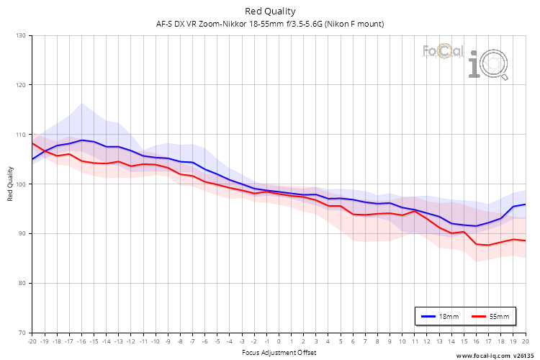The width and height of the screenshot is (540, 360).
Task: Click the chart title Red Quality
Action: pyautogui.click(x=270, y=12)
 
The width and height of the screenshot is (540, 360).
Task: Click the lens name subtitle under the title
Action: pyautogui.click(x=270, y=24)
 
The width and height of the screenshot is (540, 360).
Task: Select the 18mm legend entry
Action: pyautogui.click(x=440, y=316)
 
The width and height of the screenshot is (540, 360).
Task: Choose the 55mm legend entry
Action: pyautogui.click(x=490, y=316)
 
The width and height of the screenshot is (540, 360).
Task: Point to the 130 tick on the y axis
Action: pyautogui.click(x=21, y=35)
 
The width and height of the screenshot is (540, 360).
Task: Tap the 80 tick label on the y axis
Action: pyautogui.click(x=22, y=283)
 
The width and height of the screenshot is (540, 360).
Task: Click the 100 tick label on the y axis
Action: pyautogui.click(x=21, y=184)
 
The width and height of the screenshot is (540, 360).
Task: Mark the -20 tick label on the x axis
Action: pyautogui.click(x=32, y=341)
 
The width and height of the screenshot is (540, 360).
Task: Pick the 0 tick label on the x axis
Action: pyautogui.click(x=279, y=341)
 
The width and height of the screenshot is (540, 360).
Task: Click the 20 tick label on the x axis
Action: pyautogui.click(x=526, y=341)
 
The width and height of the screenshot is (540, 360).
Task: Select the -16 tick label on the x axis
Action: pyautogui.click(x=81, y=341)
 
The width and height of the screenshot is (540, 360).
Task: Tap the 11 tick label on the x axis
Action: pyautogui.click(x=415, y=341)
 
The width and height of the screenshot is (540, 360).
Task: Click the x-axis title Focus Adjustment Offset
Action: pyautogui.click(x=279, y=352)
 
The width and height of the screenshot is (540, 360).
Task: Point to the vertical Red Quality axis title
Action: pyautogui.click(x=10, y=184)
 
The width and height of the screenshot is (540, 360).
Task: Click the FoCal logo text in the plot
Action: pyautogui.click(x=443, y=51)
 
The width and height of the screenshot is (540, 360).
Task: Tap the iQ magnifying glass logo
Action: pyautogui.click(x=488, y=64)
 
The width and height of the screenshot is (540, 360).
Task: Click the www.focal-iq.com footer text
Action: pyautogui.click(x=483, y=356)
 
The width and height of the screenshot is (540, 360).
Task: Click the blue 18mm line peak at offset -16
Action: pyautogui.click(x=81, y=140)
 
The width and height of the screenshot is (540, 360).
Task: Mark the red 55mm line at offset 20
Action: pyautogui.click(x=526, y=240)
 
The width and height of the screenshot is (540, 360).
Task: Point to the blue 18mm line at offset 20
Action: pyautogui.click(x=526, y=204)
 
